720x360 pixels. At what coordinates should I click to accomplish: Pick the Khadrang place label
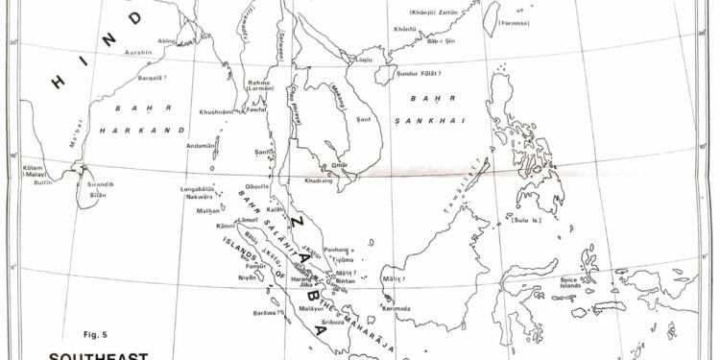[319, 180]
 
